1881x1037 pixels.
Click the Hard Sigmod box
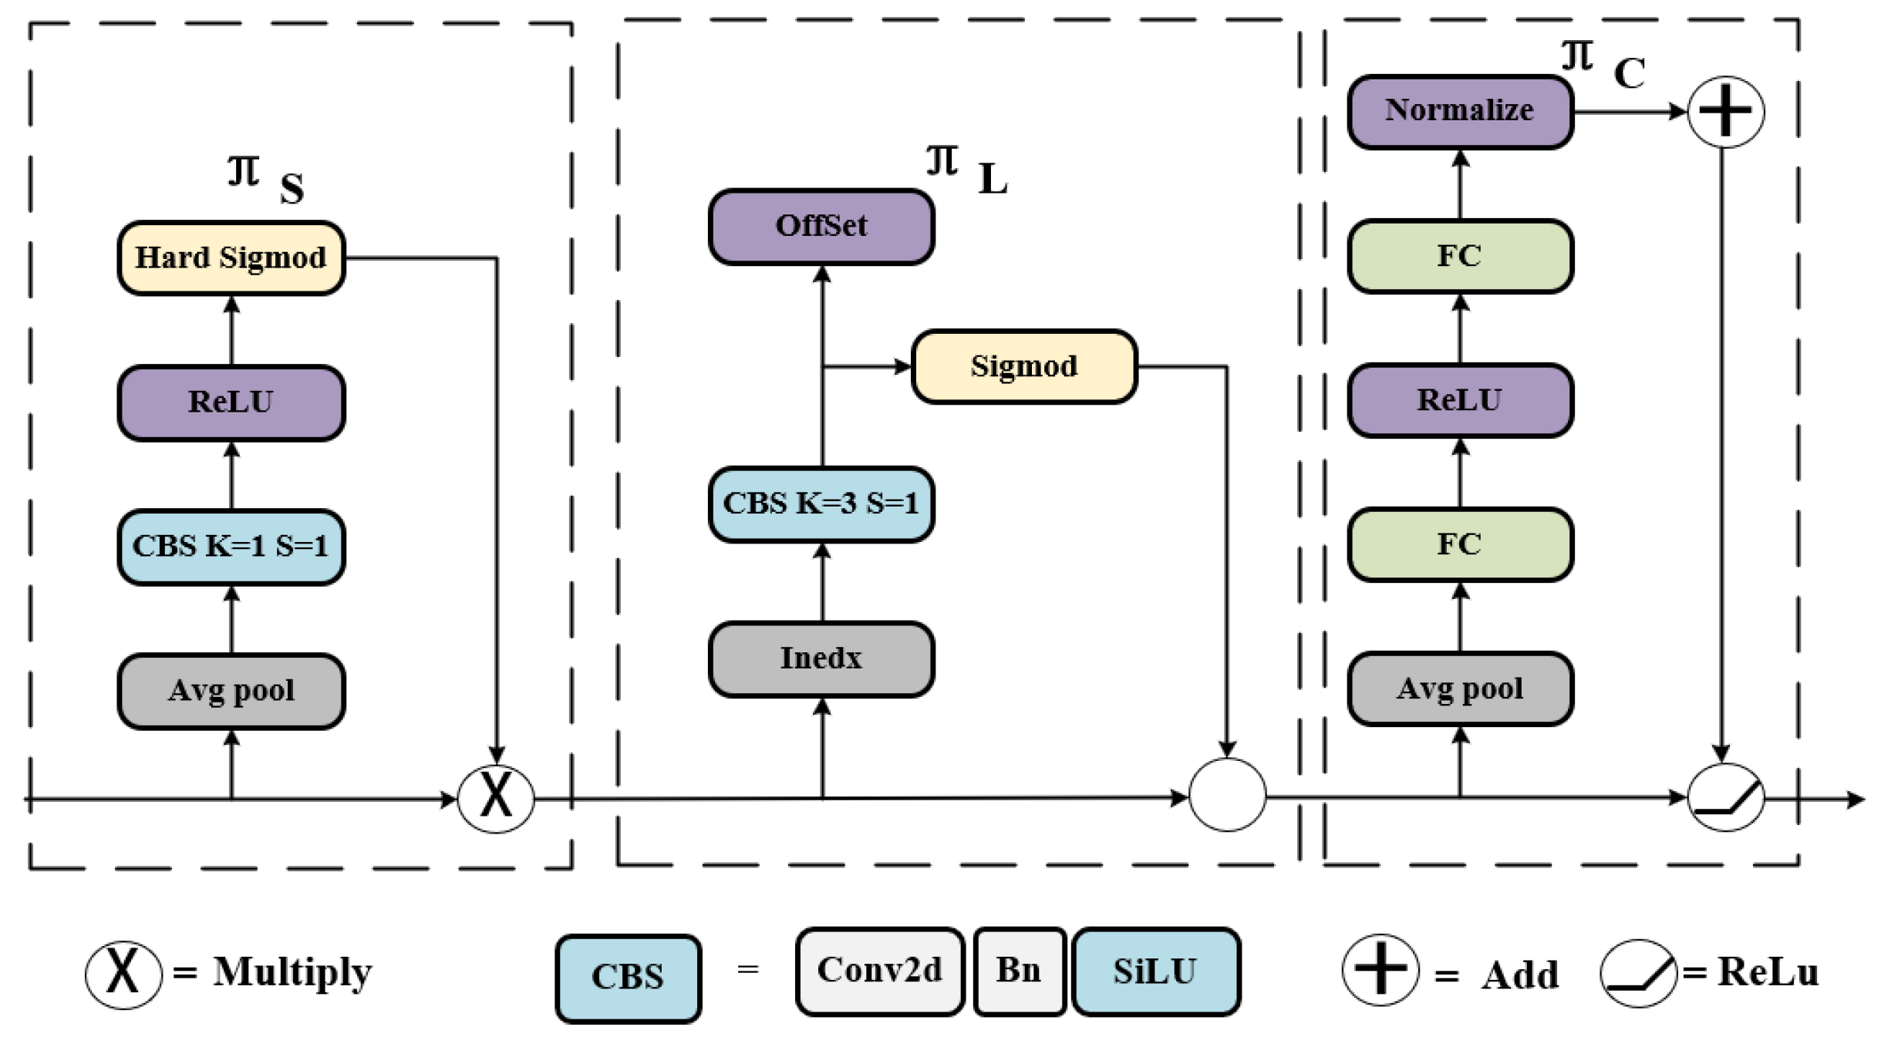click(x=231, y=258)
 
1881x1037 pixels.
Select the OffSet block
click(x=821, y=227)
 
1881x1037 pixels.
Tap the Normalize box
click(x=1460, y=112)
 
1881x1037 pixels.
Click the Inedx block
click(x=821, y=659)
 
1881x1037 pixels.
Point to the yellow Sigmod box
click(x=1024, y=366)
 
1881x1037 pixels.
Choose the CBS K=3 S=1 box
click(x=821, y=504)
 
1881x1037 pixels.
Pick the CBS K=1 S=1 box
click(x=231, y=547)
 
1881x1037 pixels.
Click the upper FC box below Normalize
click(x=1460, y=256)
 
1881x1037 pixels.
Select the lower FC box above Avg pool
click(x=1460, y=544)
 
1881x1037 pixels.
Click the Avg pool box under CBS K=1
click(x=231, y=691)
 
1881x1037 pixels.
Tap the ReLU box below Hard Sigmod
click(x=231, y=402)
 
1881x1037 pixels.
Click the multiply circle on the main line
click(x=496, y=799)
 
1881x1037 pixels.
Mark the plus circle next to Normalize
click(x=1725, y=112)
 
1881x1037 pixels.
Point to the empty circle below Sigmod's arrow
click(x=1227, y=794)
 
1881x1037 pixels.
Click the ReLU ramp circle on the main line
click(x=1725, y=797)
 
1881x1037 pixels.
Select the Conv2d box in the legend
click(x=880, y=971)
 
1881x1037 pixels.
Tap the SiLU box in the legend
click(x=1155, y=971)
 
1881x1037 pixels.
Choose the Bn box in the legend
click(x=1019, y=971)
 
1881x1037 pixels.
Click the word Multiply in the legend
click(x=292, y=973)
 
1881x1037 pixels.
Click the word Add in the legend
click(x=1519, y=975)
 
